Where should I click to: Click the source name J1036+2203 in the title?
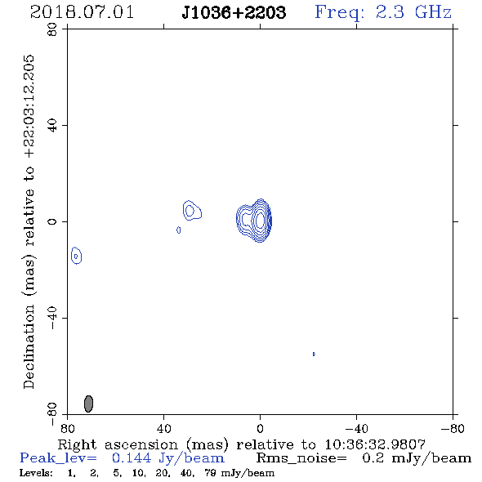click(x=234, y=12)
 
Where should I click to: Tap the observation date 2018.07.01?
click(x=82, y=12)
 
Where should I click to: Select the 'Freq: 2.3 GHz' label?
click(x=383, y=12)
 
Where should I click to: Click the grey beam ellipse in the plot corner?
click(x=88, y=404)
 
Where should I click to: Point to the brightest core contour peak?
click(x=260, y=220)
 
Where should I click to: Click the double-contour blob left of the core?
click(x=192, y=210)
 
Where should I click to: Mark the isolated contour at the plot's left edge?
click(x=76, y=255)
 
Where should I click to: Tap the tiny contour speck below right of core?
click(x=314, y=354)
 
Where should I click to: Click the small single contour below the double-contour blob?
click(x=179, y=230)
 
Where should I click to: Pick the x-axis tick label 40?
click(x=163, y=429)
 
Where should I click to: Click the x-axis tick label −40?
click(x=356, y=429)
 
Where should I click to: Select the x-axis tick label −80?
click(x=453, y=429)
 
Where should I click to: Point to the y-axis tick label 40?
click(x=52, y=126)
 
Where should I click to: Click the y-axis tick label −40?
click(x=52, y=318)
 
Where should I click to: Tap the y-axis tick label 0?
click(x=52, y=221)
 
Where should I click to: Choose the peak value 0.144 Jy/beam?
click(x=168, y=458)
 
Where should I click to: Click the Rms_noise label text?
click(x=301, y=458)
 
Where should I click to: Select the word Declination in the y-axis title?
click(x=29, y=347)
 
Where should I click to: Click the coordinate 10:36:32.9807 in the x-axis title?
click(x=375, y=444)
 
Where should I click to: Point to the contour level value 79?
click(x=211, y=472)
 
